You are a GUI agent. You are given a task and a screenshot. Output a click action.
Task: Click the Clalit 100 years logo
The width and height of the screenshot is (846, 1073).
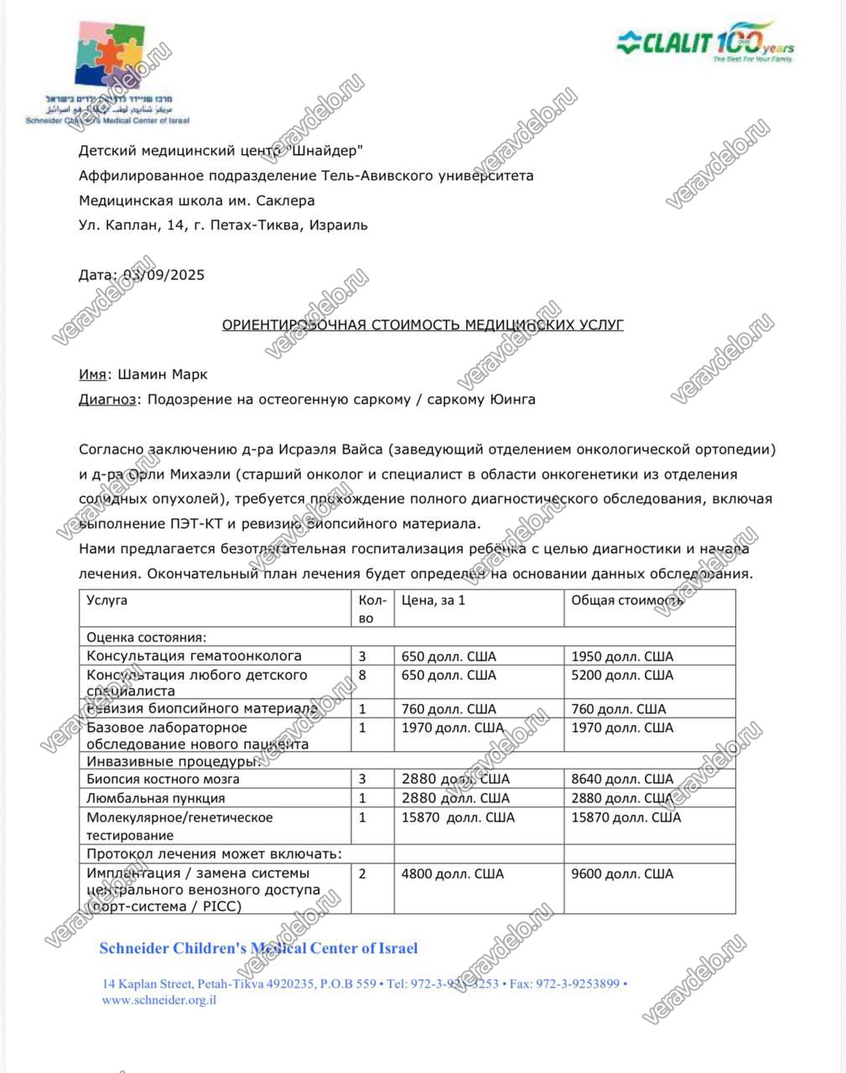click(x=706, y=42)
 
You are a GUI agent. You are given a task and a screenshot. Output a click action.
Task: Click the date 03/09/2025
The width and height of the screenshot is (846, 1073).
click(x=164, y=275)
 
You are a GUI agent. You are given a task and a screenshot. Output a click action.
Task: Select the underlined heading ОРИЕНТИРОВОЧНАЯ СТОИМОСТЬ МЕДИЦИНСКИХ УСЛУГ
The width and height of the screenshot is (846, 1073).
click(x=423, y=324)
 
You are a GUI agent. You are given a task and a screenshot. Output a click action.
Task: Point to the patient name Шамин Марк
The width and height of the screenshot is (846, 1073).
click(x=162, y=374)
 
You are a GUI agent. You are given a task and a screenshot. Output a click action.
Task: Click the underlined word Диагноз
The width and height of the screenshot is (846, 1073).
click(x=107, y=399)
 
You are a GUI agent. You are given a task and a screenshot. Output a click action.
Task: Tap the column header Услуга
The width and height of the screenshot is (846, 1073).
click(x=107, y=600)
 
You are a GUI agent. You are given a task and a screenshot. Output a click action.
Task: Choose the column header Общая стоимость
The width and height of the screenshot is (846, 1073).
click(x=627, y=600)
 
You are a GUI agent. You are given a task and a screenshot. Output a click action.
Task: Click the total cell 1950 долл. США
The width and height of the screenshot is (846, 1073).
click(x=622, y=656)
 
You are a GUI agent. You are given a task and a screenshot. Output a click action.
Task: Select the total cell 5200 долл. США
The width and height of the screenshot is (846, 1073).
click(x=622, y=675)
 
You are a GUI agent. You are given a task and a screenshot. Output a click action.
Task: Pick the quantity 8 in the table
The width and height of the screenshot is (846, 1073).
click(x=362, y=675)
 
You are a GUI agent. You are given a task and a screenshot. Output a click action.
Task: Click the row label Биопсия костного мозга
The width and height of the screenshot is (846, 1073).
click(x=163, y=779)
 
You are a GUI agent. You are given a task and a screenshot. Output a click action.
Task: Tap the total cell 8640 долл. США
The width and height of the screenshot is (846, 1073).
click(x=622, y=779)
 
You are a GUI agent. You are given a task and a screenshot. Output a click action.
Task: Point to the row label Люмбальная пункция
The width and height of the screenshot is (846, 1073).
click(x=156, y=798)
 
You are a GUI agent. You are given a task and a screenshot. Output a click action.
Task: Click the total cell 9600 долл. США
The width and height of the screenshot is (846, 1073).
click(x=622, y=873)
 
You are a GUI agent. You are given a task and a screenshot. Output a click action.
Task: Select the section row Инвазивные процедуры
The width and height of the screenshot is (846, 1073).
click(x=171, y=761)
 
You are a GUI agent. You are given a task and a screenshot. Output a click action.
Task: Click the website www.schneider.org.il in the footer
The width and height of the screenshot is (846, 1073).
click(x=159, y=999)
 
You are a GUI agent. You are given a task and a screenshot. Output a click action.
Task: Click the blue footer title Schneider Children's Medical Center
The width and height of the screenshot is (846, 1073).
click(x=258, y=949)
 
